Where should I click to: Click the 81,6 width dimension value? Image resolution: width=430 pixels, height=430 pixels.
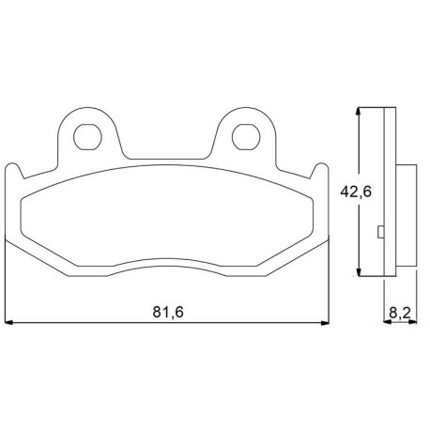pyautogui.click(x=168, y=312)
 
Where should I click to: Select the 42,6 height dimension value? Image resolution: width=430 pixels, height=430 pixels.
pyautogui.click(x=356, y=192)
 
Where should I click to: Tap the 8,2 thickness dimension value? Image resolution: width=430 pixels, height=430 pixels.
pyautogui.click(x=400, y=313)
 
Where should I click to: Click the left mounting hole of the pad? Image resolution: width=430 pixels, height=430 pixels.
pyautogui.click(x=87, y=137)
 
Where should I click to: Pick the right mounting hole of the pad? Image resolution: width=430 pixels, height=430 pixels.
pyautogui.click(x=246, y=137)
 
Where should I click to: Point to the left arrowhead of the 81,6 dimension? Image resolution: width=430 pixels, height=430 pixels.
pyautogui.click(x=8, y=322)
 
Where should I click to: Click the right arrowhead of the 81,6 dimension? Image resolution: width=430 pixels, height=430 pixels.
pyautogui.click(x=326, y=322)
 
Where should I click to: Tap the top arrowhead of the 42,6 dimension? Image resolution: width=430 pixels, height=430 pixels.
pyautogui.click(x=360, y=112)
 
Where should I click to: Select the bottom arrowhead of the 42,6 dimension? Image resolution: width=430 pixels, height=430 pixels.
pyautogui.click(x=360, y=272)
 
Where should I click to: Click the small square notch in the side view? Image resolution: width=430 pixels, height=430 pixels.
pyautogui.click(x=381, y=232)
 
